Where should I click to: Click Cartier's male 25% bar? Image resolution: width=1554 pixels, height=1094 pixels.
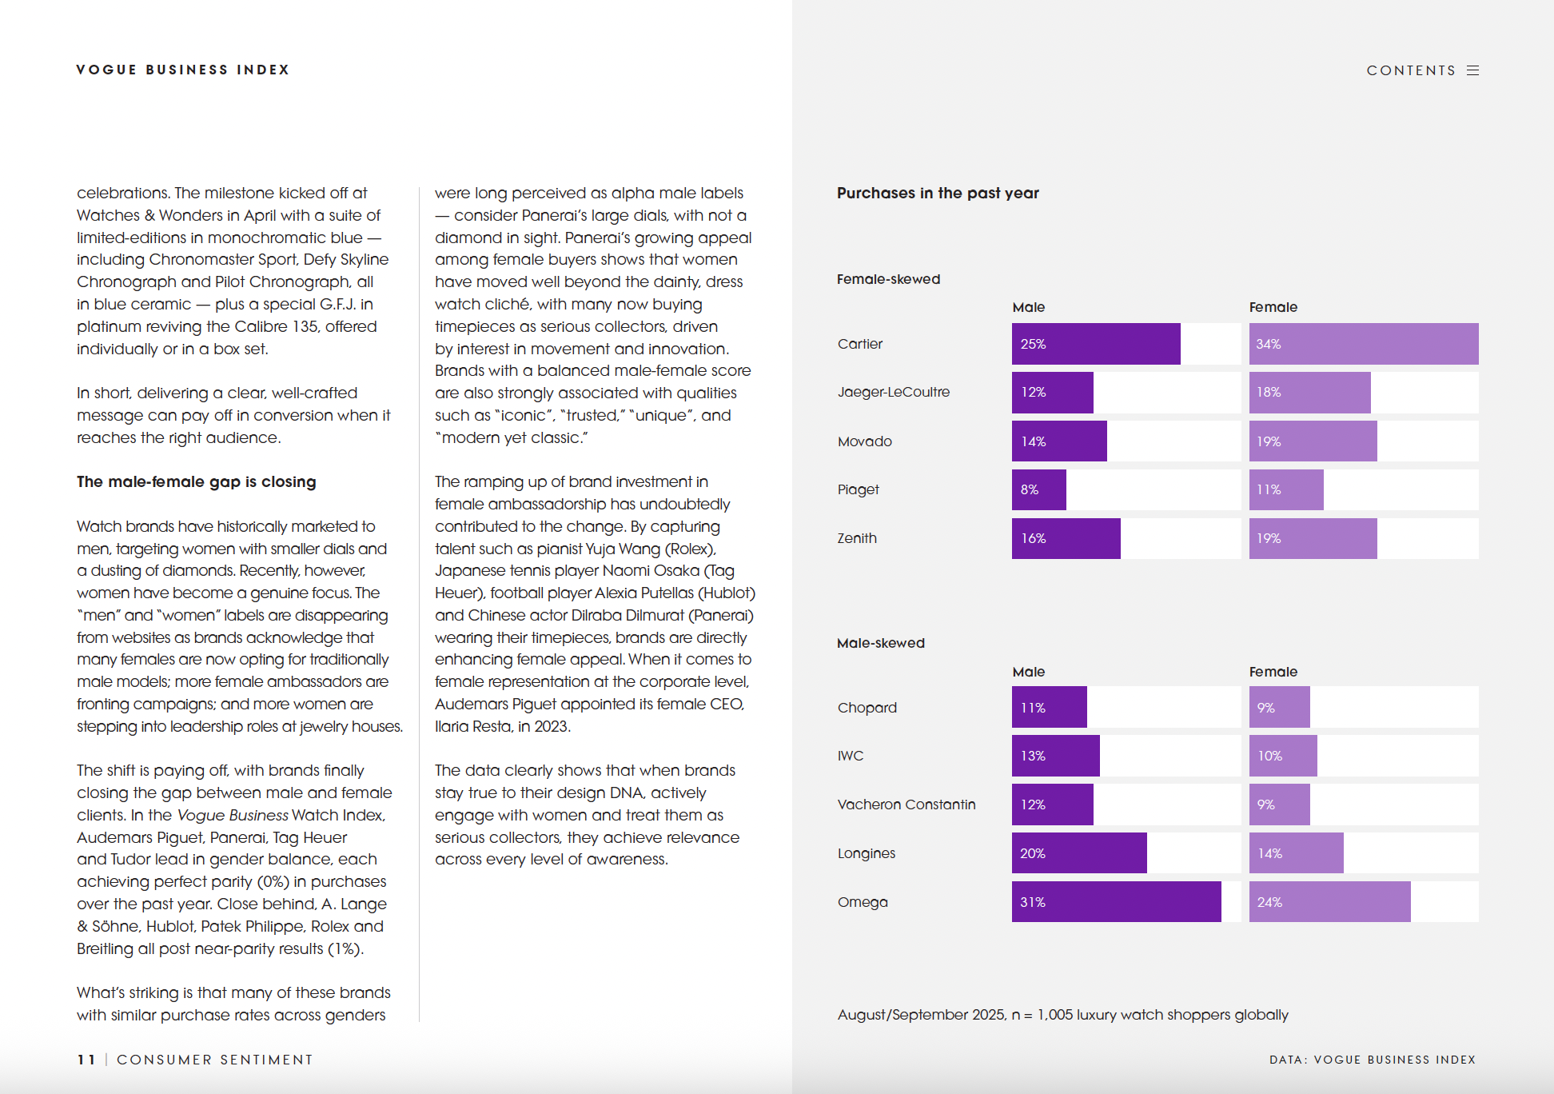1095,344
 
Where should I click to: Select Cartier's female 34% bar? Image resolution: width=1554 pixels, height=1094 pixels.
1363,344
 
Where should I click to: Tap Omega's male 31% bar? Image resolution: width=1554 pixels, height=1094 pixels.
1116,902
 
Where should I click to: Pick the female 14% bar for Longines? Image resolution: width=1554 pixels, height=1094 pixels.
1296,853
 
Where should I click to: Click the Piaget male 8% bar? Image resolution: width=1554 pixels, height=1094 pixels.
1038,489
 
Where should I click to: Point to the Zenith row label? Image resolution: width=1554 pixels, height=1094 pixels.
857,538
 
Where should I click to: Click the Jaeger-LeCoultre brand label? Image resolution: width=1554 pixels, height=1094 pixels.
893,392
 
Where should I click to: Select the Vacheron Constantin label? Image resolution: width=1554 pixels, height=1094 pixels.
906,805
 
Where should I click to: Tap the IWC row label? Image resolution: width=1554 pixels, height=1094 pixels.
850,756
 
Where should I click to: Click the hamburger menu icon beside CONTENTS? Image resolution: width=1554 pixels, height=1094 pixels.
1472,70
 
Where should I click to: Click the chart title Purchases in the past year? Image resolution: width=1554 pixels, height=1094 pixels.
938,193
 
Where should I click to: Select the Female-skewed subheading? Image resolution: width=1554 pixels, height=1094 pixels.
888,279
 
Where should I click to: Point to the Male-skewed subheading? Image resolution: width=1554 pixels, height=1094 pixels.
880,643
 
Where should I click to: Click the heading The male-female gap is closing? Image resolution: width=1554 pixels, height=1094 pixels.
196,481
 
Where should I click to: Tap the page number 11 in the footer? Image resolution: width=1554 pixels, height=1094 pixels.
86,1060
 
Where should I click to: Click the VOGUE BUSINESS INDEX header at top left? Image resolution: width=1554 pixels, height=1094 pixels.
182,70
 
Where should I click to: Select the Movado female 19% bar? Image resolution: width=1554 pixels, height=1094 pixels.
1313,441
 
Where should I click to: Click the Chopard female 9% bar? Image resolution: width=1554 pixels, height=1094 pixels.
1279,708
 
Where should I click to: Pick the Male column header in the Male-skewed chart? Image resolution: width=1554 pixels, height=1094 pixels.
1028,672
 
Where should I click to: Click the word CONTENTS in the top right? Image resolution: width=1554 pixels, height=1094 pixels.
1411,70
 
